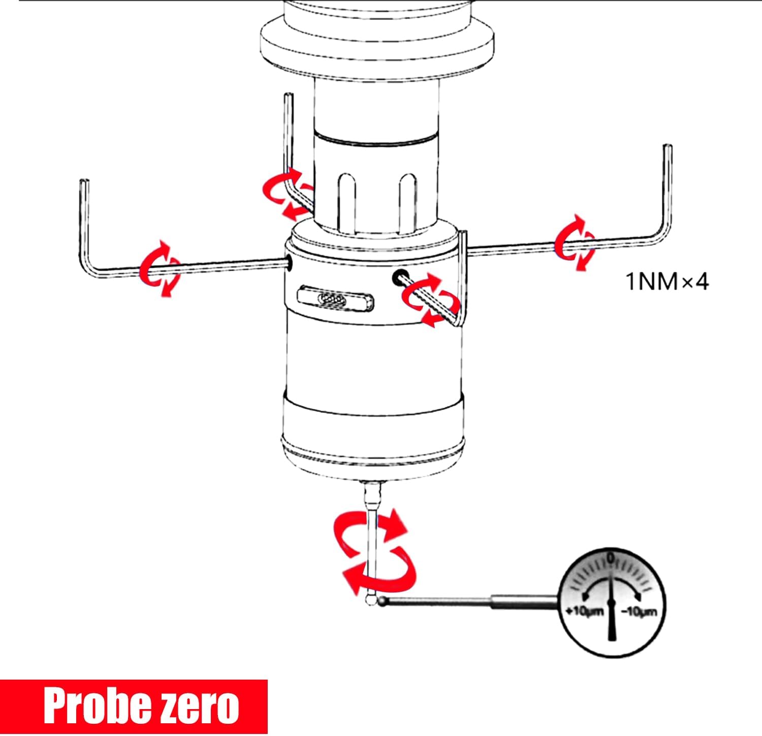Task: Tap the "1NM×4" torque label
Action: coord(667,281)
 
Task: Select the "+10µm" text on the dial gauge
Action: coord(584,611)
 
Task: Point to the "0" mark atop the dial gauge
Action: coord(611,558)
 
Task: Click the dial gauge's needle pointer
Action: coord(611,604)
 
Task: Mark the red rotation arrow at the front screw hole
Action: coord(431,300)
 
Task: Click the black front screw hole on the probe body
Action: coord(398,277)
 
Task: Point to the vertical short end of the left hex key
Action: coord(85,221)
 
